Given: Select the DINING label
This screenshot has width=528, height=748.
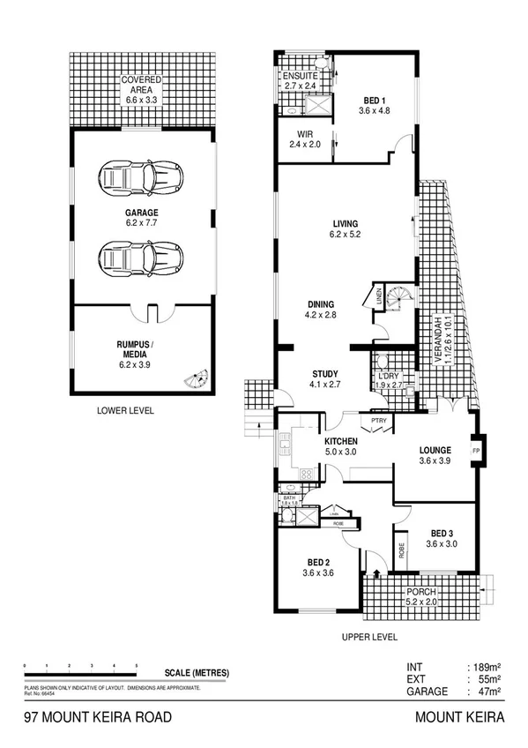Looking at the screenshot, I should [x=320, y=303].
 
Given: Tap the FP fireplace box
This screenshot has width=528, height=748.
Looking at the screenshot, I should [x=476, y=453].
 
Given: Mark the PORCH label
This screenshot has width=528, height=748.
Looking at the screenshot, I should [x=420, y=593].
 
